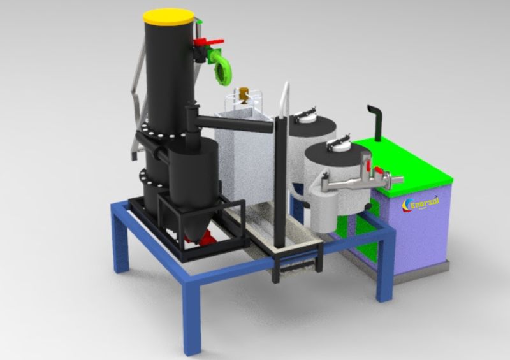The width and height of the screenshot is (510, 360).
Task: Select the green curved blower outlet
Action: coord(224,66)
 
